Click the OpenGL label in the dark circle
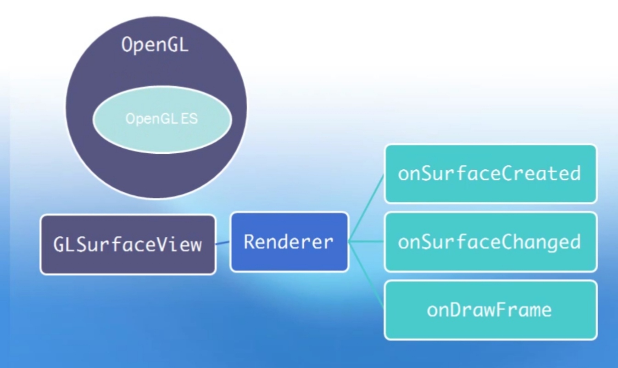pyautogui.click(x=155, y=45)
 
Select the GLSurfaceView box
pyautogui.click(x=128, y=245)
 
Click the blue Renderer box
pyautogui.click(x=289, y=241)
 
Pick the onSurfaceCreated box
pyautogui.click(x=490, y=174)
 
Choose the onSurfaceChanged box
pyautogui.click(x=490, y=242)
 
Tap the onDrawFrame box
pyautogui.click(x=490, y=310)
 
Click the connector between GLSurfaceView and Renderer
pyautogui.click(x=223, y=243)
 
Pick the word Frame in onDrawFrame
pyautogui.click(x=523, y=310)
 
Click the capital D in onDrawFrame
pyautogui.click(x=455, y=310)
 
